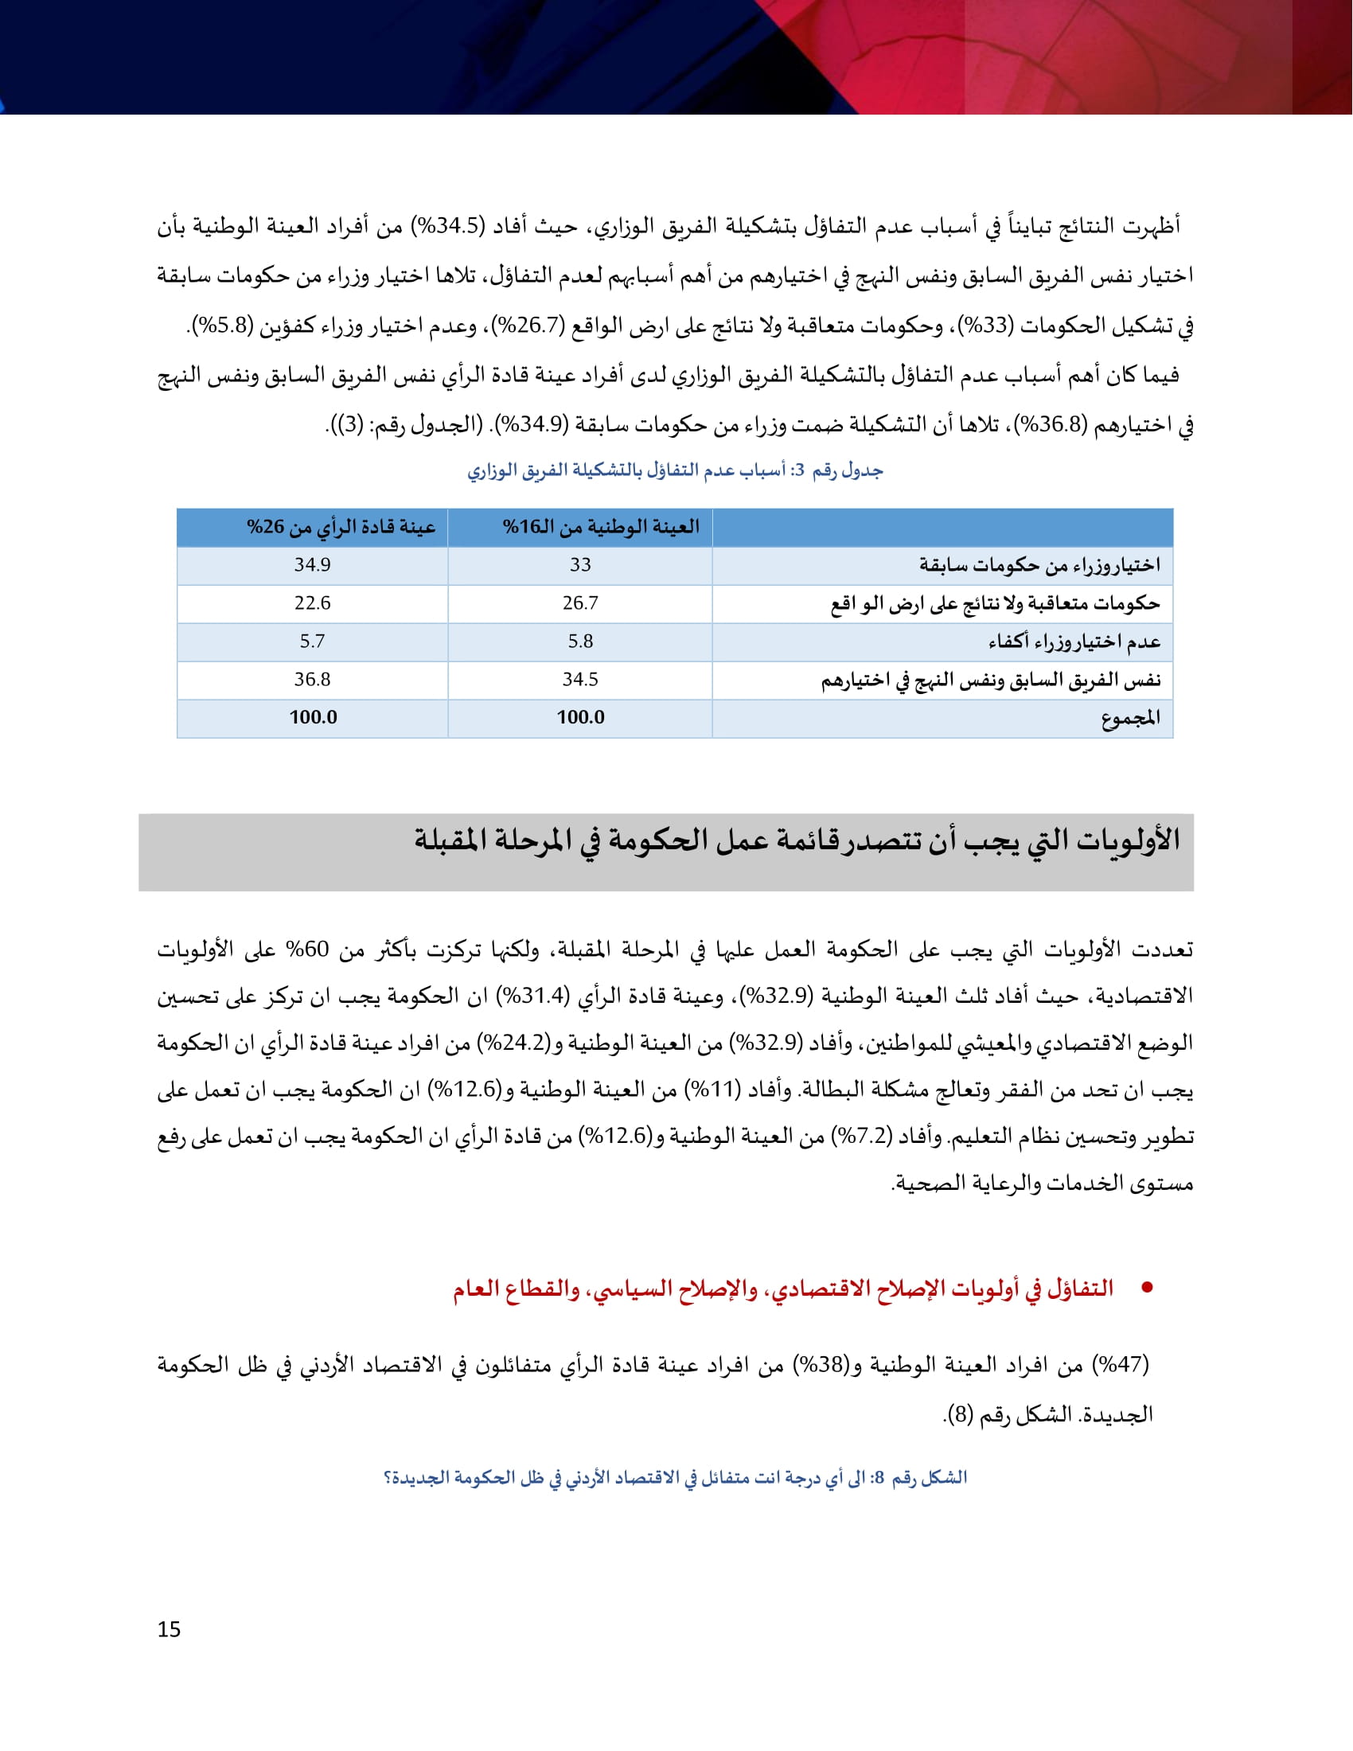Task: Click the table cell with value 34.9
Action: click(312, 565)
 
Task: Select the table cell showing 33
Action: click(580, 565)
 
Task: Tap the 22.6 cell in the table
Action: click(312, 603)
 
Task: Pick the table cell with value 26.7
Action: click(580, 603)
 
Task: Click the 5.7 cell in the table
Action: click(312, 642)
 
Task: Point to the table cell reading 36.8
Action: click(312, 680)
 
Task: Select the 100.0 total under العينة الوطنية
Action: click(580, 718)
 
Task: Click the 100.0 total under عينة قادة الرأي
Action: click(313, 718)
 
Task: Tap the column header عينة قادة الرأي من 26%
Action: click(341, 528)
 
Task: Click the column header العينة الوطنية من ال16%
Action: click(600, 528)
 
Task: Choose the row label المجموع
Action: click(1130, 719)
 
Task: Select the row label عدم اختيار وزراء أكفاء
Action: click(1074, 642)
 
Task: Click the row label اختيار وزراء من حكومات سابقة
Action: click(1039, 566)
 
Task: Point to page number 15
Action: click(169, 1630)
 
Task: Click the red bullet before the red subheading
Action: click(1147, 1289)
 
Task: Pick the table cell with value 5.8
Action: click(580, 642)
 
